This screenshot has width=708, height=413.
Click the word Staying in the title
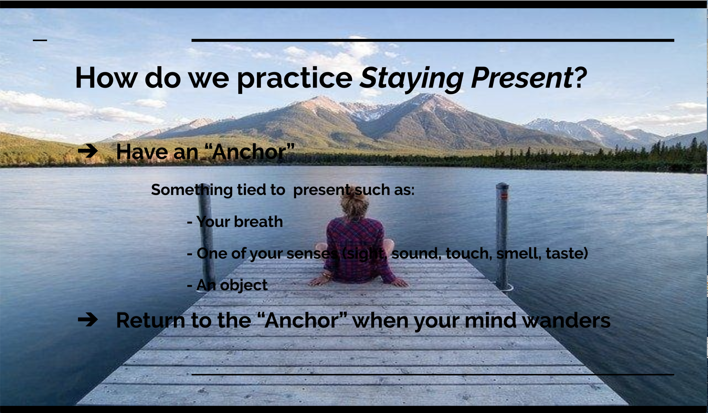click(x=411, y=79)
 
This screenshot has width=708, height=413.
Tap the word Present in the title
click(x=522, y=78)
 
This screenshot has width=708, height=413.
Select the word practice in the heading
click(x=295, y=79)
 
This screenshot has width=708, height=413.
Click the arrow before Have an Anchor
click(x=88, y=151)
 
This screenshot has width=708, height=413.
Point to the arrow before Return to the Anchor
click(x=88, y=320)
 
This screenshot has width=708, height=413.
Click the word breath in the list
click(x=258, y=222)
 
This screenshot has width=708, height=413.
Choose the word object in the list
click(x=244, y=285)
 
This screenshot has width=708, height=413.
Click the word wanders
click(x=566, y=321)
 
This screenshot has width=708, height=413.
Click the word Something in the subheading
click(x=192, y=190)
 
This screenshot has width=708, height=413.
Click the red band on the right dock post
click(x=504, y=195)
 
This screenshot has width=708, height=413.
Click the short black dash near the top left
click(x=40, y=40)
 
